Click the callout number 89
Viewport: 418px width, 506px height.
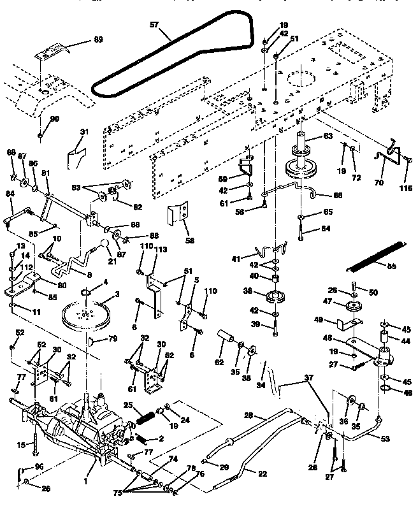point(97,40)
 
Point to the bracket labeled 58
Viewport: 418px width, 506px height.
point(180,215)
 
